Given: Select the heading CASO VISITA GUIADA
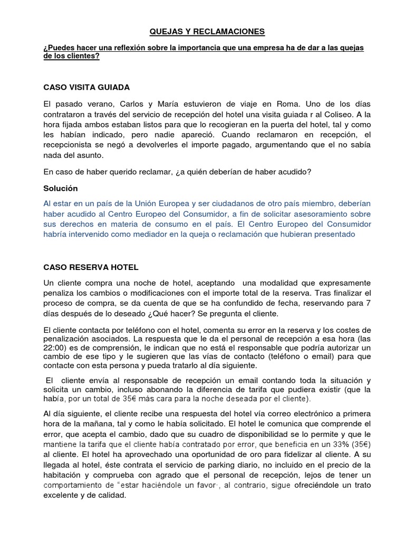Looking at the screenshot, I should (86, 87).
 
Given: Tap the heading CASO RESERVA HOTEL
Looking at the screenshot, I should (91, 268).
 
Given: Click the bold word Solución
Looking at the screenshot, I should (61, 188).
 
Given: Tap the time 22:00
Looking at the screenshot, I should (55, 348).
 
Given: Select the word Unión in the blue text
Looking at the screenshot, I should (150, 203).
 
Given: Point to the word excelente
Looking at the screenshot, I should (64, 496).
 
